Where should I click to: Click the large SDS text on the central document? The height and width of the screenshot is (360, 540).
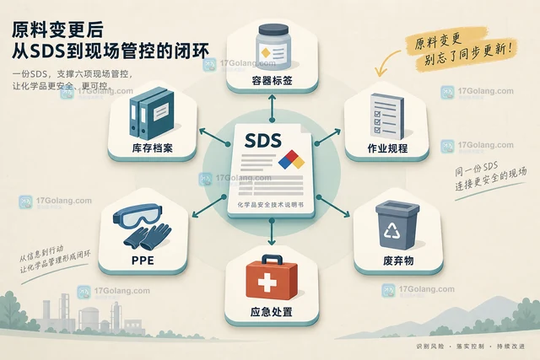(x=263, y=141)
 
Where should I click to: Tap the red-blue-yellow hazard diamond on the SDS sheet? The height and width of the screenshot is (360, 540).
(x=291, y=159)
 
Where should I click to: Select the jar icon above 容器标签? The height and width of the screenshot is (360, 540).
(x=273, y=46)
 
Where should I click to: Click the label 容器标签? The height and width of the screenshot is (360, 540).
(x=272, y=81)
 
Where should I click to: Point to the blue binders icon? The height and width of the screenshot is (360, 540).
(x=152, y=114)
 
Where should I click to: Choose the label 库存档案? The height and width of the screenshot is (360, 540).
(x=152, y=148)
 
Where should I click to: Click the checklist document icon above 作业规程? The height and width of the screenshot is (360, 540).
(x=387, y=116)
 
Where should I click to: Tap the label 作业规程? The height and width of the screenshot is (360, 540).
(x=387, y=148)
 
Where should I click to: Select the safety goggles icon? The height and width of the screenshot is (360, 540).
(x=138, y=216)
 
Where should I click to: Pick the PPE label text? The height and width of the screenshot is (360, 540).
(x=143, y=261)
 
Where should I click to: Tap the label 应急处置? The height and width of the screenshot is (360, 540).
(x=272, y=312)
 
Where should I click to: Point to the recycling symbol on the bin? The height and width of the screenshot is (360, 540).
(x=391, y=230)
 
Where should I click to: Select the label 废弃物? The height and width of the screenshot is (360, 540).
(x=398, y=261)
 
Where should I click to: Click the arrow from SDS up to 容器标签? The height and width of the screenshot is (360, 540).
(x=272, y=108)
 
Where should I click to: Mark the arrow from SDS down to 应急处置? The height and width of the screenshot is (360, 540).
(x=272, y=232)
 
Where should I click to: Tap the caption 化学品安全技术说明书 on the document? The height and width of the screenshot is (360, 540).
(x=271, y=205)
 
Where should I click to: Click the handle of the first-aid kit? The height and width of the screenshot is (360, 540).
(x=272, y=259)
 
